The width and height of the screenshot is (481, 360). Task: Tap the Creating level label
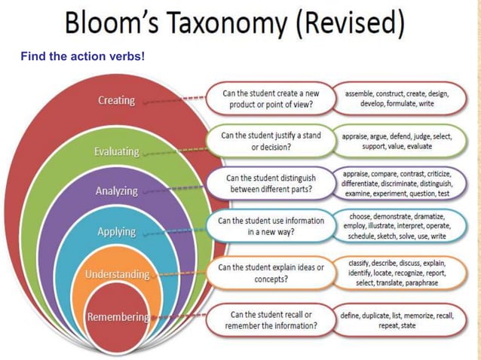pyautogui.click(x=116, y=100)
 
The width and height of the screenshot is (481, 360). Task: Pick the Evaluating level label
pyautogui.click(x=116, y=151)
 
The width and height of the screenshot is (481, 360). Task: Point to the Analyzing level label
pyautogui.click(x=116, y=191)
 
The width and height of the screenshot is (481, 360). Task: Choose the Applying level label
pyautogui.click(x=116, y=232)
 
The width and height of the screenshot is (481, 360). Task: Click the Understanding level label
pyautogui.click(x=117, y=274)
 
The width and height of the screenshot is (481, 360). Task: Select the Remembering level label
pyautogui.click(x=118, y=316)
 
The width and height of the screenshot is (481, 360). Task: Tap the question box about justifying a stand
pyautogui.click(x=271, y=141)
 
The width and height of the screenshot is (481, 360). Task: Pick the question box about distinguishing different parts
pyautogui.click(x=271, y=184)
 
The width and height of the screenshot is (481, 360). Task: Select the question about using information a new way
pyautogui.click(x=271, y=227)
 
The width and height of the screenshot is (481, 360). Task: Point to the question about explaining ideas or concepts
pyautogui.click(x=271, y=273)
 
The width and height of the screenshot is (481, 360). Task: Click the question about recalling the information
pyautogui.click(x=271, y=320)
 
